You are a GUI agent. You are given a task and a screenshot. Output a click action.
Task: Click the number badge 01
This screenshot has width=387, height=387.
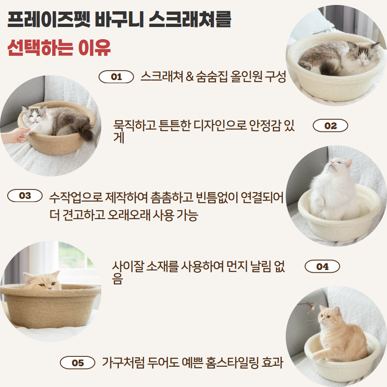click(x=116, y=77)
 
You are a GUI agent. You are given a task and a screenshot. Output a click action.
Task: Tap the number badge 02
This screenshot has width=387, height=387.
click(x=330, y=126)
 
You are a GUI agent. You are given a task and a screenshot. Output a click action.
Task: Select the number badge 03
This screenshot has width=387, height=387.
click(x=25, y=196)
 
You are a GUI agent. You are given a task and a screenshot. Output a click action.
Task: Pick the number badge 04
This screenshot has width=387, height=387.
click(x=322, y=266)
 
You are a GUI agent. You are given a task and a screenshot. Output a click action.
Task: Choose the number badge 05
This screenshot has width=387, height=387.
click(x=77, y=363)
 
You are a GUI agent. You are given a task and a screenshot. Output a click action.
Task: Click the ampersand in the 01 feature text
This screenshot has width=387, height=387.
click(x=189, y=77)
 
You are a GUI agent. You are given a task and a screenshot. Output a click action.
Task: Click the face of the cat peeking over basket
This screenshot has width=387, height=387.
click(x=43, y=281)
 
